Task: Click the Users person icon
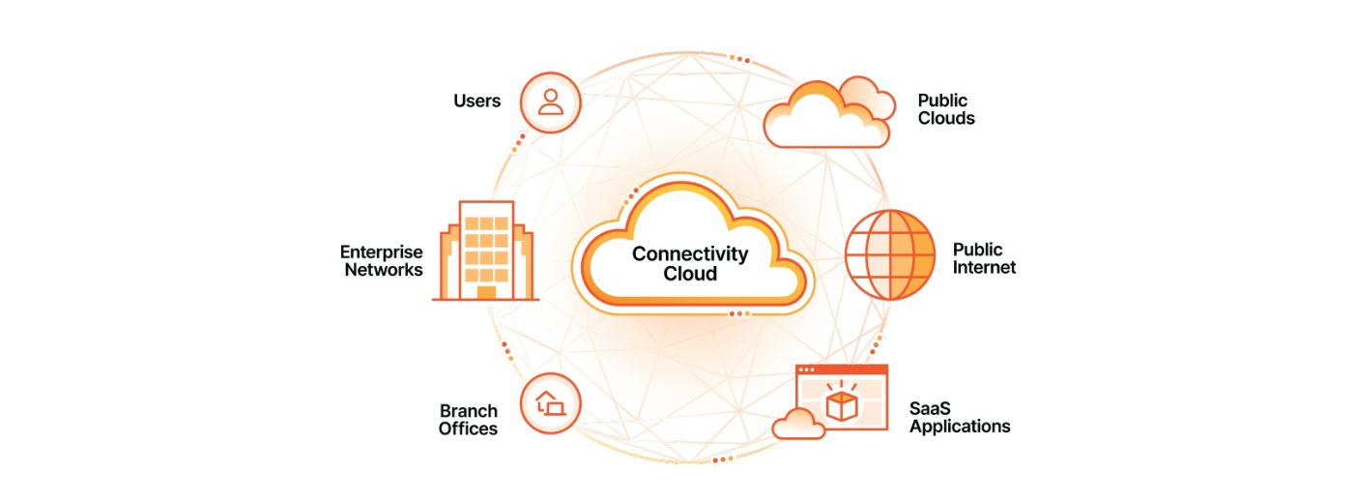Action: (551, 102)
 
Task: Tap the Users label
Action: (477, 101)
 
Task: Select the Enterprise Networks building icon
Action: (486, 251)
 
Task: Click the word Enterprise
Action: (381, 252)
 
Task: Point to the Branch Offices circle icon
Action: (551, 403)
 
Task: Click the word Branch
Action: (468, 410)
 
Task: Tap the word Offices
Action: (468, 429)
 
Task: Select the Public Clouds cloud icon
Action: (828, 113)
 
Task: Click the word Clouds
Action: (946, 119)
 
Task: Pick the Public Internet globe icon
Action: (890, 255)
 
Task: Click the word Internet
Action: (984, 268)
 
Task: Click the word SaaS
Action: (930, 408)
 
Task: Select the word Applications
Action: (960, 427)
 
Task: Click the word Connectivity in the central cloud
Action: (690, 254)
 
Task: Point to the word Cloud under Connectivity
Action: (690, 274)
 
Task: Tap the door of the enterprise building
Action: (486, 292)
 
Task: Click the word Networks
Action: (384, 270)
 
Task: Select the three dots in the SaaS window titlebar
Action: (806, 371)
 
